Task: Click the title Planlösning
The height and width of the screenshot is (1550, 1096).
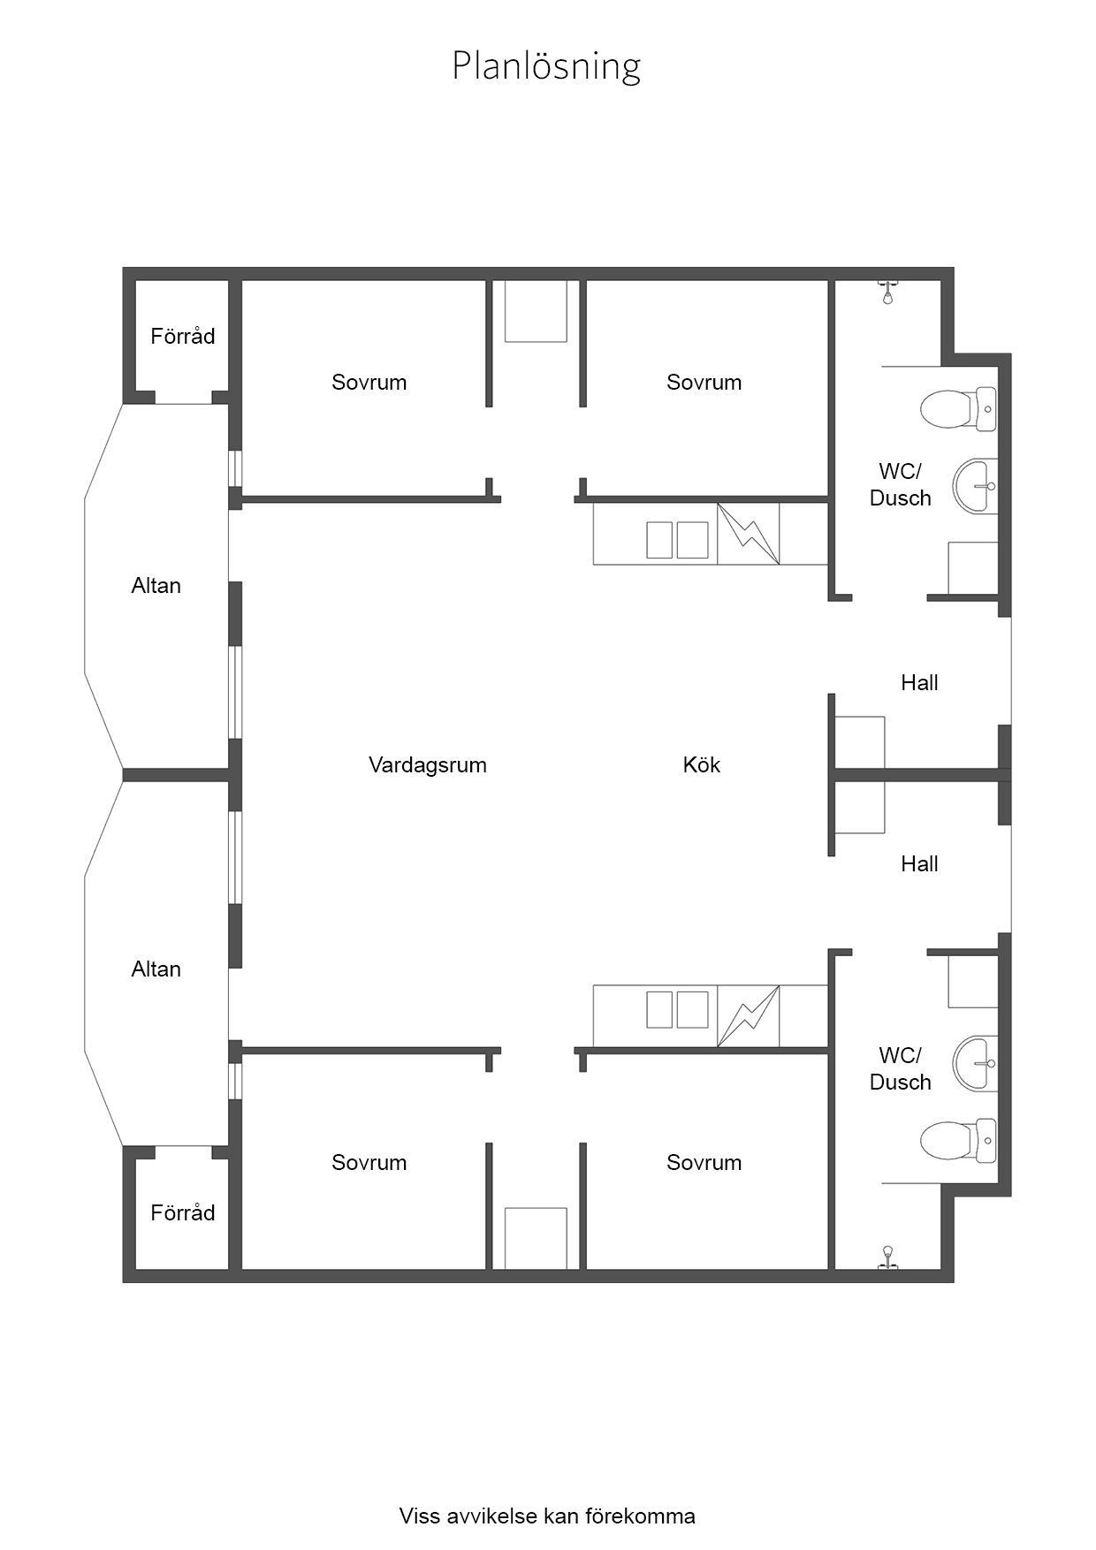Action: [x=546, y=66]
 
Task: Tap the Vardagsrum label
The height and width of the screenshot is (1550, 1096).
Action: [x=428, y=764]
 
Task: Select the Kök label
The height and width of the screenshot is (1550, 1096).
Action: [x=702, y=764]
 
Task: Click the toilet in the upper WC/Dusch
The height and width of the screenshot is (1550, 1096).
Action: [x=958, y=409]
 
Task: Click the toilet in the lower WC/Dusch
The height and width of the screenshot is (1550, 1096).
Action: [x=958, y=1141]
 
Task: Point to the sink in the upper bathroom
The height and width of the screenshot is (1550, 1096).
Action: [x=976, y=485]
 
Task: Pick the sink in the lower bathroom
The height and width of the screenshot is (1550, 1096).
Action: [x=976, y=1063]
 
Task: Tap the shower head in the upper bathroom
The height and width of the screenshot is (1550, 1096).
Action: [x=887, y=292]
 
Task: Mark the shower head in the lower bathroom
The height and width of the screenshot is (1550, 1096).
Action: [x=887, y=1257]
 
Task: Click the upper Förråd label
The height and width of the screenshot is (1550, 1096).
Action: [x=183, y=336]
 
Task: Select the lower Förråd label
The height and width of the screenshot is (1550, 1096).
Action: [x=183, y=1212]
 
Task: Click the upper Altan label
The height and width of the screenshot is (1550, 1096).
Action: [x=156, y=585]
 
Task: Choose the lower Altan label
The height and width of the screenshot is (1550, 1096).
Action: [x=156, y=969]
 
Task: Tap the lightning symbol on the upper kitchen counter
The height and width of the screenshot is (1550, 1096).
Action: [x=749, y=534]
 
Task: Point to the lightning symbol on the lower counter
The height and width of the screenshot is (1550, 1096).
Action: [x=749, y=1016]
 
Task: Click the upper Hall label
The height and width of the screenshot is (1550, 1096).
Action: [x=919, y=682]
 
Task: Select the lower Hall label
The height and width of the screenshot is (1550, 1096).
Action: [x=919, y=863]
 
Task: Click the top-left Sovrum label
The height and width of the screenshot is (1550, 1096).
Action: [x=369, y=382]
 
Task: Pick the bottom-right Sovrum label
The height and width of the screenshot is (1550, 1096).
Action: [x=704, y=1162]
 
